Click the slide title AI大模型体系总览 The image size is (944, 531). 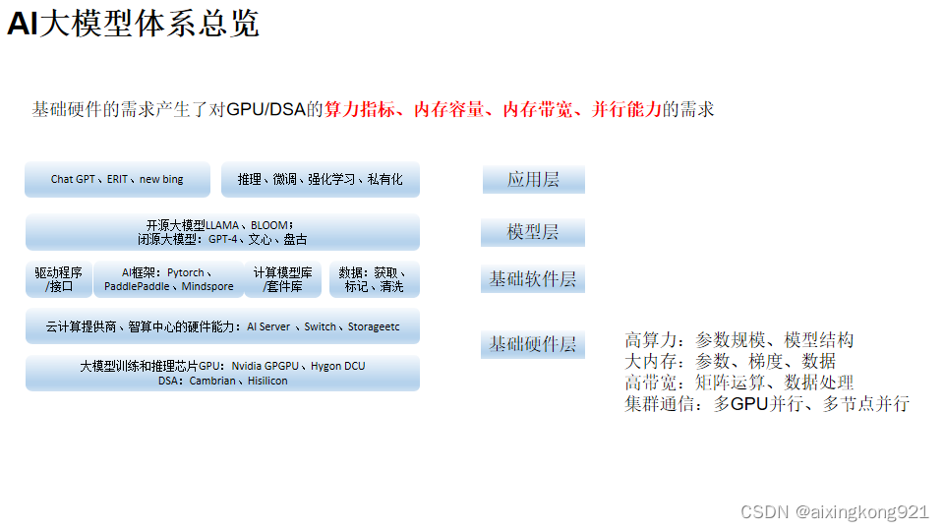[133, 24]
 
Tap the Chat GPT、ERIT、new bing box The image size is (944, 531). [117, 180]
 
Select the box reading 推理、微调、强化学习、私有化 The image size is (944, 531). [320, 180]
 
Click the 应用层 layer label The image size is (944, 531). [533, 180]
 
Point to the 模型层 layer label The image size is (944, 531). [532, 232]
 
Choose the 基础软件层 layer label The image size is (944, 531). [532, 279]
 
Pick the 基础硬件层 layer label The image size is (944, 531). [532, 344]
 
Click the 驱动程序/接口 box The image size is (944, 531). [59, 279]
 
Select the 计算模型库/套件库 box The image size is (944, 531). [282, 279]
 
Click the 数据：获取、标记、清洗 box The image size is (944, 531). [374, 279]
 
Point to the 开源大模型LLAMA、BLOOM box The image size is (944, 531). [222, 232]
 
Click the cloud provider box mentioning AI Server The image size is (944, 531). [222, 326]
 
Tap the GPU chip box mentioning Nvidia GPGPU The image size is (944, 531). [222, 373]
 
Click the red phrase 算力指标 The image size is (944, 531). [361, 109]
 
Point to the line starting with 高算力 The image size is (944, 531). [738, 340]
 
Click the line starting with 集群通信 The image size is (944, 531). [766, 403]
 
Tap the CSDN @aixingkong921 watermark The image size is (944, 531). [834, 511]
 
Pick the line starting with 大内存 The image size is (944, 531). [730, 361]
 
